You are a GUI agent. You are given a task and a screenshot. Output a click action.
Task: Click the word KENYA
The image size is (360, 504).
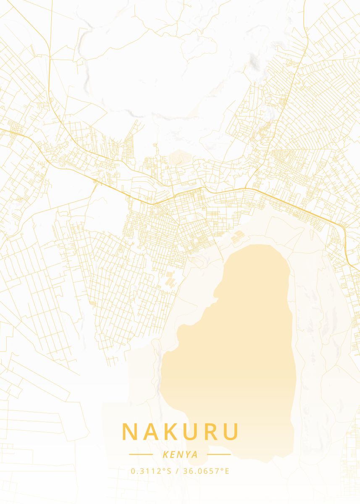pos(180,454)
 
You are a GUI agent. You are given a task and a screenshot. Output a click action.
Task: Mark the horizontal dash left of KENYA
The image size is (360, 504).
pos(141,454)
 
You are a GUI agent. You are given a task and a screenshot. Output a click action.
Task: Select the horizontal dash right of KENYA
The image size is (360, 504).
pos(219,454)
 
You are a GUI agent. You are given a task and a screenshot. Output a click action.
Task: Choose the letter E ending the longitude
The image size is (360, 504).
pos(227,471)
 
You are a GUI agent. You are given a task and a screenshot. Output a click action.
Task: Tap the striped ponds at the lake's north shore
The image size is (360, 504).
pos(237,237)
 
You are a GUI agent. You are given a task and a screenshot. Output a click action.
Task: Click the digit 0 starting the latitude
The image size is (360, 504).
pos(133,471)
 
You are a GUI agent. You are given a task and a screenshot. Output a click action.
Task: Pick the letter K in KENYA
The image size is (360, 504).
pos(164,454)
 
